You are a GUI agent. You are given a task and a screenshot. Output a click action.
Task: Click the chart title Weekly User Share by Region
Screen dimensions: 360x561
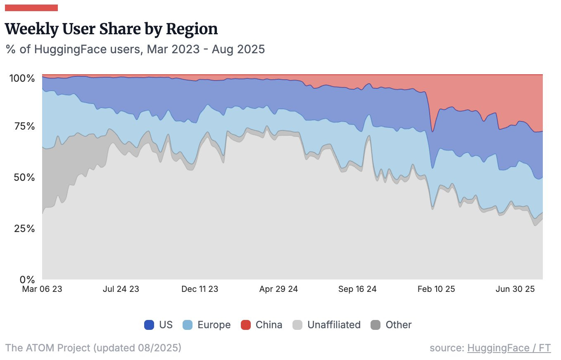tap(112, 29)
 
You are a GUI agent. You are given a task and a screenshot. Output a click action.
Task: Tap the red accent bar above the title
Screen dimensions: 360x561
tap(31, 7)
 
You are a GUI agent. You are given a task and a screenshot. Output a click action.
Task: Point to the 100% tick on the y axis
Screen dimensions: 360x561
tap(25, 78)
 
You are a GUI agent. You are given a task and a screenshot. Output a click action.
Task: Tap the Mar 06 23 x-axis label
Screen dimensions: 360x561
tap(42, 289)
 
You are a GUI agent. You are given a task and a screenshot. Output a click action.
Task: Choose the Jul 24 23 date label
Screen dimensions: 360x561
tap(121, 289)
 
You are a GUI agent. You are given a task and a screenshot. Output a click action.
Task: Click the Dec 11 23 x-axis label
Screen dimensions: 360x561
tap(200, 289)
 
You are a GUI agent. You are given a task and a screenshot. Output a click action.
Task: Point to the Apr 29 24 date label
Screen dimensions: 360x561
tap(278, 289)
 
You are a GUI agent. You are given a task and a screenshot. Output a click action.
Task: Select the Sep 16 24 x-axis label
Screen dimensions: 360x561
tap(357, 289)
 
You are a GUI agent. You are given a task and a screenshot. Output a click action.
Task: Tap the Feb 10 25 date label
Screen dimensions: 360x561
tap(436, 289)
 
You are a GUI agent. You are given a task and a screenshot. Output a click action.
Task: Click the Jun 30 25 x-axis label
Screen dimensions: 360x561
tap(516, 289)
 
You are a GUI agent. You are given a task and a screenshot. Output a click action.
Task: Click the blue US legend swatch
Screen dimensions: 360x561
tap(149, 325)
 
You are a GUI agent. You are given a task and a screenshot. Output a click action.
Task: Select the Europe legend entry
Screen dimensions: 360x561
tap(207, 325)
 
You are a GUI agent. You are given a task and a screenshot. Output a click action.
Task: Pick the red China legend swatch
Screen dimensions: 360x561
tap(246, 325)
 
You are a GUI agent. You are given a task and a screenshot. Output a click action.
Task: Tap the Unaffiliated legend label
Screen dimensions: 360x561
tap(334, 325)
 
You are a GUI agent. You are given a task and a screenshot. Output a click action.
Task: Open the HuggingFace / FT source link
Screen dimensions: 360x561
tap(509, 348)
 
